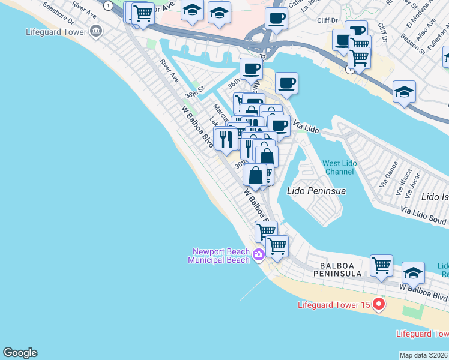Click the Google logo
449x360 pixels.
point(20,353)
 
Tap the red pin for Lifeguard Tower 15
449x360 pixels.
point(378,305)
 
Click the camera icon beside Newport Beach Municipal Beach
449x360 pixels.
point(259,255)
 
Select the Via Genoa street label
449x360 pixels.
point(389,172)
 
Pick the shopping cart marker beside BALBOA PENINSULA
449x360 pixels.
point(381,265)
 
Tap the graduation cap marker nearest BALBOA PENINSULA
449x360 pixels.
point(413,272)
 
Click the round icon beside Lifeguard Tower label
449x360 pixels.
point(95,31)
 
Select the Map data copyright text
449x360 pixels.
point(424,355)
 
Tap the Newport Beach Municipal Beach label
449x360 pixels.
point(220,256)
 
